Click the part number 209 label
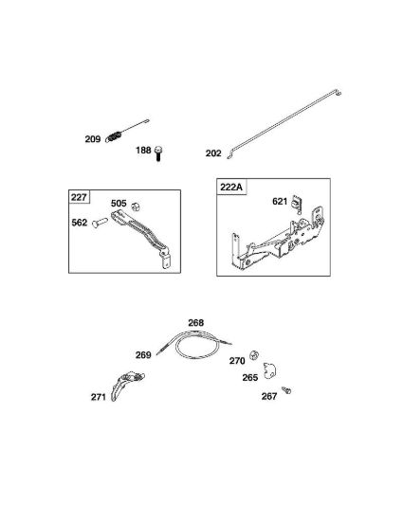coord(92,139)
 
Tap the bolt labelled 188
coord(158,153)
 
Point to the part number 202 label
coord(213,153)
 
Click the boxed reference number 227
coord(79,197)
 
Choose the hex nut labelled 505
coord(136,207)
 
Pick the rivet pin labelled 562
coord(100,223)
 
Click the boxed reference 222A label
coord(231,187)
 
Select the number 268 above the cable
coord(196,323)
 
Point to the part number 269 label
coord(143,355)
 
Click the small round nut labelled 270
coord(254,354)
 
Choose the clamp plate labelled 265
coord(269,370)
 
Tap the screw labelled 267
coord(286,390)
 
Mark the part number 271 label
coord(99,397)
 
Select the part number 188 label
coord(143,151)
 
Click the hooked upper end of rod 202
coord(338,93)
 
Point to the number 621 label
coord(280,202)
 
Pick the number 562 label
coord(80,223)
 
